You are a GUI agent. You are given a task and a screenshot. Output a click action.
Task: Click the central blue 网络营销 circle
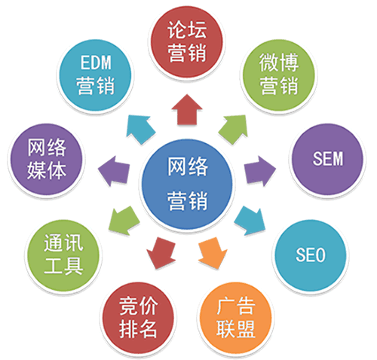tap(187, 185)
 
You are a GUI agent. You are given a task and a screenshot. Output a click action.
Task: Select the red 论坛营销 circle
tap(187, 41)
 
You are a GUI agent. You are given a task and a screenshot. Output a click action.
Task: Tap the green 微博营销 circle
tap(278, 75)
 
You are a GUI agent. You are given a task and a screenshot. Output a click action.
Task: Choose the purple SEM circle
tap(327, 159)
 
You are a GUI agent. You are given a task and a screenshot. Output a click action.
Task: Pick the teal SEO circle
tap(311, 255)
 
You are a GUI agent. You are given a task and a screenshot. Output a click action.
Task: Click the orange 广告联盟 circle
tap(235, 318)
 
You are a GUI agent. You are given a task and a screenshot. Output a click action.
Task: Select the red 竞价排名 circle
tap(138, 318)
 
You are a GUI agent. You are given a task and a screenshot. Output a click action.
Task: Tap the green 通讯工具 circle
tap(63, 255)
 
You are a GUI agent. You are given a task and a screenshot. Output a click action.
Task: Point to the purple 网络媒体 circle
tap(46, 159)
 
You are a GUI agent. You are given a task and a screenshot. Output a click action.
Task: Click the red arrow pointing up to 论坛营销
tap(187, 111)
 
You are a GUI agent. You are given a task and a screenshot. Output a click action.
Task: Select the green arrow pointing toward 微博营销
tap(234, 129)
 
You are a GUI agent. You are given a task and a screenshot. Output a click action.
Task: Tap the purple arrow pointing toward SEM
tap(260, 171)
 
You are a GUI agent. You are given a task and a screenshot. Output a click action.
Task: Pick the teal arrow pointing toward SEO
tap(250, 221)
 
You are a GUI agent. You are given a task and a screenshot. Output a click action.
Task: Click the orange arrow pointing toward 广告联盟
tap(213, 252)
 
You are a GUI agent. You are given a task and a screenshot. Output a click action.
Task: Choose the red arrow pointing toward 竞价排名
tap(161, 252)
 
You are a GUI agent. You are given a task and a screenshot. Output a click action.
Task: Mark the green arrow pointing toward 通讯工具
tap(124, 221)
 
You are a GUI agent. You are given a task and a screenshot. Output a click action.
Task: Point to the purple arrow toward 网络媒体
tap(114, 171)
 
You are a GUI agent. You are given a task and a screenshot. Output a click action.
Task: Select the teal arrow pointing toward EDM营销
tap(140, 129)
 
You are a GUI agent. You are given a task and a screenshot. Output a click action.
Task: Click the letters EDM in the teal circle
tap(96, 63)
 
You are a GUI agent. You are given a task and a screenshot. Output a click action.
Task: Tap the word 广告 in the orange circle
tap(236, 306)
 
